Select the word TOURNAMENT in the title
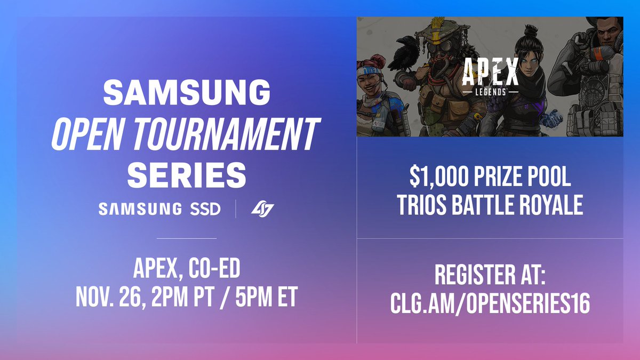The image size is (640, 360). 230,133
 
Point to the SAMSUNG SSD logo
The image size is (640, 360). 159,209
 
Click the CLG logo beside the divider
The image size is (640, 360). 262,209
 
